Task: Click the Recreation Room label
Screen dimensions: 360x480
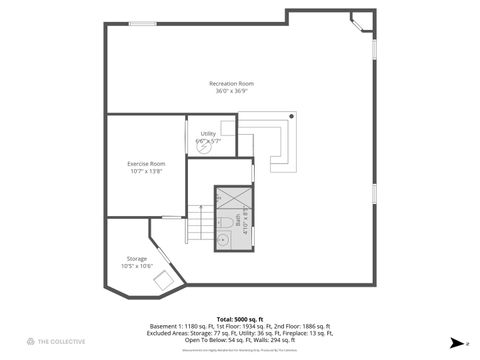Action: click(231, 83)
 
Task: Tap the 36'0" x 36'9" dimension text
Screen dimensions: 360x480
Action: click(231, 91)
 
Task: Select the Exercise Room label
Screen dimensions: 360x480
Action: click(146, 163)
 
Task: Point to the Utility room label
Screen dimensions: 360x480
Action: click(208, 133)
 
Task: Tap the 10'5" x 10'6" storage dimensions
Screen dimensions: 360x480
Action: click(137, 266)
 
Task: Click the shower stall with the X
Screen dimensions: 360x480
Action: click(233, 197)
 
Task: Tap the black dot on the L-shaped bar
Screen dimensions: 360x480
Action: click(291, 119)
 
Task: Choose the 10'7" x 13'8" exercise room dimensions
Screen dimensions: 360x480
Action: click(146, 171)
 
